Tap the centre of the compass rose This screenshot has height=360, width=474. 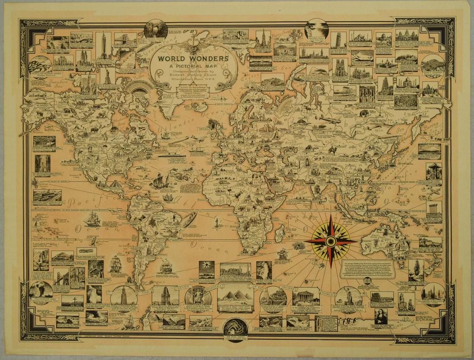click(x=331, y=240)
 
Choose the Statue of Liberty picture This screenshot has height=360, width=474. click(x=107, y=75)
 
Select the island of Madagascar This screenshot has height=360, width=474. click(x=279, y=235)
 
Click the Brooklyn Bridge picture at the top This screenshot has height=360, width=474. click(x=125, y=39)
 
